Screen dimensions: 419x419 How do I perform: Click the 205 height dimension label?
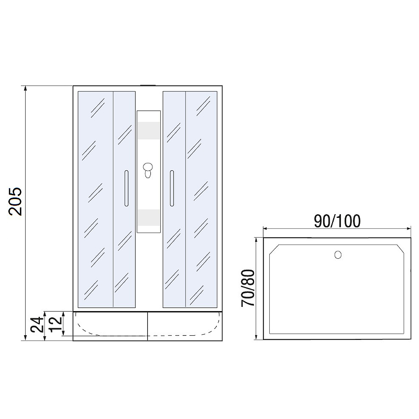(x=15, y=202)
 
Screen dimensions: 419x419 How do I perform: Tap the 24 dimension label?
(x=37, y=324)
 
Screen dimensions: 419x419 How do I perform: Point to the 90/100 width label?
(x=337, y=221)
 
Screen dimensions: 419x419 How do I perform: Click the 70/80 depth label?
(x=248, y=288)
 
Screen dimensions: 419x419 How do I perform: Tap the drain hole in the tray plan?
(x=338, y=255)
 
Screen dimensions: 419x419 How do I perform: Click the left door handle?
(x=126, y=188)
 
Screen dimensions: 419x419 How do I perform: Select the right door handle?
(x=172, y=188)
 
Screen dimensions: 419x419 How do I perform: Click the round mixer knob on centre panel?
(x=148, y=167)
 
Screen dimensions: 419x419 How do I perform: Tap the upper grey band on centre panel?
(x=149, y=130)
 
